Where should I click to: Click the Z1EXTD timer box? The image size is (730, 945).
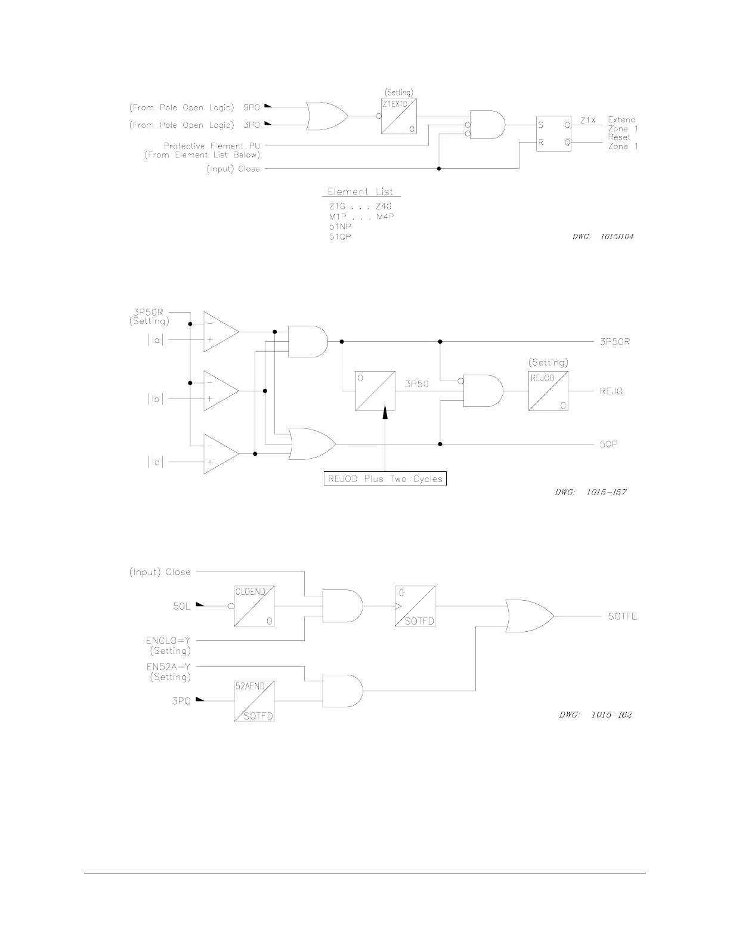click(x=399, y=116)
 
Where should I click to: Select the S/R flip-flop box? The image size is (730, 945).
click(x=553, y=134)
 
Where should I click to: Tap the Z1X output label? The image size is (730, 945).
click(x=588, y=120)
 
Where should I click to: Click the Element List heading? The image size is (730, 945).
click(x=360, y=192)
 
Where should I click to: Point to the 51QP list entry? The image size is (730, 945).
click(x=340, y=237)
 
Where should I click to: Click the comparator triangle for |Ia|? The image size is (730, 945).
click(x=221, y=332)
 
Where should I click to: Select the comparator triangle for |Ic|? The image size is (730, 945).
click(x=221, y=454)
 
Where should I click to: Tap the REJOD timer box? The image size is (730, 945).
click(x=548, y=391)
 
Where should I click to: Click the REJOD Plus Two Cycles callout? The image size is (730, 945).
click(x=385, y=478)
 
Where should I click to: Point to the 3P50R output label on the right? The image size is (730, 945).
click(x=615, y=342)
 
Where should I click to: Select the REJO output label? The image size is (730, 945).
click(x=611, y=391)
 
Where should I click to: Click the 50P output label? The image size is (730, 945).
click(x=608, y=444)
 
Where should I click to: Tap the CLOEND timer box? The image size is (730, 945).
click(x=254, y=606)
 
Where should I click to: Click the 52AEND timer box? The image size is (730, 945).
click(x=254, y=702)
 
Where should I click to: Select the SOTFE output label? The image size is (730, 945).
click(x=622, y=616)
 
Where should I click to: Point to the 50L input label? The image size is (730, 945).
click(x=181, y=607)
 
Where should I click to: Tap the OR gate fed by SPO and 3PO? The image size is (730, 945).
click(x=326, y=116)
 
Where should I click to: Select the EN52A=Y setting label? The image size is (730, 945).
click(x=168, y=667)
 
